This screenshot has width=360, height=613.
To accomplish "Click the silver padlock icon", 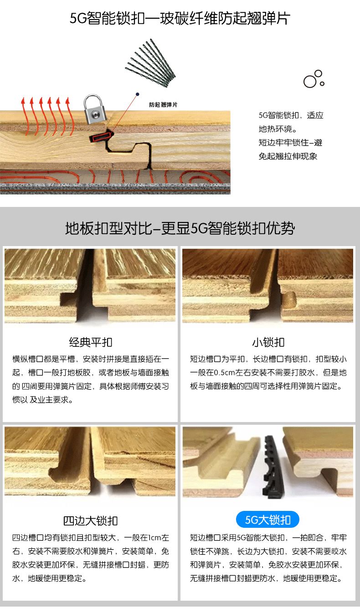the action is coord(94,109).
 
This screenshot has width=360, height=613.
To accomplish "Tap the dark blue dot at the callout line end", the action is coord(137,94).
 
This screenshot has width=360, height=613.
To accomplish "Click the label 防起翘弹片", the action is coord(163,104).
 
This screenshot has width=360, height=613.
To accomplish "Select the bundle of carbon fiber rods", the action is coord(150,63).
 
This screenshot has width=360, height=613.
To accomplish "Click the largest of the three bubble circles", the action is coord(310,81).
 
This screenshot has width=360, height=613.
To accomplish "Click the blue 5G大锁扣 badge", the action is coord(267,520).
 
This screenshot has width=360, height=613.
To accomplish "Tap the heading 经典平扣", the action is coord(91,342).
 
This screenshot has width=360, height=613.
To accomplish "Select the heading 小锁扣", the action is coord(268,342).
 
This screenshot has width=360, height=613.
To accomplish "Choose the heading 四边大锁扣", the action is coord(91,521).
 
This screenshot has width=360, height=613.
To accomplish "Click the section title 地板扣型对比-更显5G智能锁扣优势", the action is coord(180,228).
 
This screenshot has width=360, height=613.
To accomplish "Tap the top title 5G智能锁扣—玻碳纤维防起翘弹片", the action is coord(180,19).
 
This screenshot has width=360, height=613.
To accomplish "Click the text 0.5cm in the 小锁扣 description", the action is coord(224,373).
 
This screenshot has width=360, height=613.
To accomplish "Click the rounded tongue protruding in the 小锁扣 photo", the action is coord(289,299).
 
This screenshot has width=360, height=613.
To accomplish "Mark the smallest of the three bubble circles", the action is coord(322,83).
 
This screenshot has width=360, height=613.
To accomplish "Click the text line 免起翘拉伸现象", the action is coord(288,156).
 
